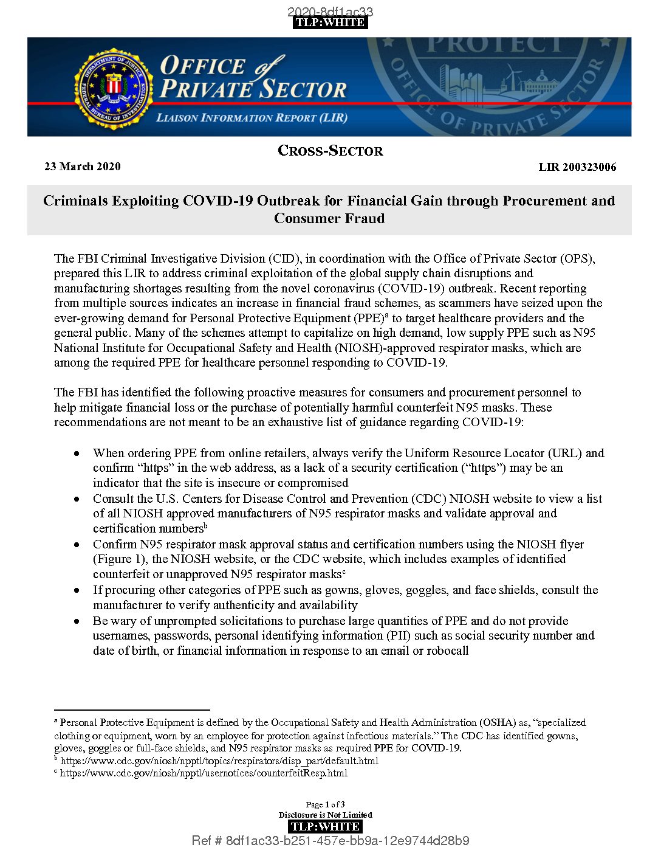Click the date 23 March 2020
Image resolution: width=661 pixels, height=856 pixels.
[83, 167]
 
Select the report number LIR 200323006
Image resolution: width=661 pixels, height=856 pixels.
[577, 167]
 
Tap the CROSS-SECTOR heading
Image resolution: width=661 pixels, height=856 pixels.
[330, 151]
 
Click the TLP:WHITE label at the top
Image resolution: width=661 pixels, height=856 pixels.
[330, 22]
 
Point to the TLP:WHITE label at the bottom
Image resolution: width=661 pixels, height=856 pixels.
[325, 826]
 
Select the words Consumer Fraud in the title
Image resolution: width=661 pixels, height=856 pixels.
[329, 218]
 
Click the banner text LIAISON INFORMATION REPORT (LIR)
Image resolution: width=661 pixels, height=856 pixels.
[252, 118]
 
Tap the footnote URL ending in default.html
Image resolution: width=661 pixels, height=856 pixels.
[219, 761]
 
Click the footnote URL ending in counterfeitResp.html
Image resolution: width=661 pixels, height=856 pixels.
[204, 773]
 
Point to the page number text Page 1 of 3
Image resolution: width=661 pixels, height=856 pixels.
[325, 804]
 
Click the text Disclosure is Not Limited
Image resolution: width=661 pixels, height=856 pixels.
[325, 815]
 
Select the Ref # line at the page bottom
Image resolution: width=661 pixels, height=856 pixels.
[330, 841]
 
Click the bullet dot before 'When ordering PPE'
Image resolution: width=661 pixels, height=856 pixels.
[77, 454]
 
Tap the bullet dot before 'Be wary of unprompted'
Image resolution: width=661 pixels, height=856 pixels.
[77, 621]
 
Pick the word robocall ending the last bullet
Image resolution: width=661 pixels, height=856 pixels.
[447, 651]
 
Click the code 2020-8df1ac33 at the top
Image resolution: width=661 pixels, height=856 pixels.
[330, 12]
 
